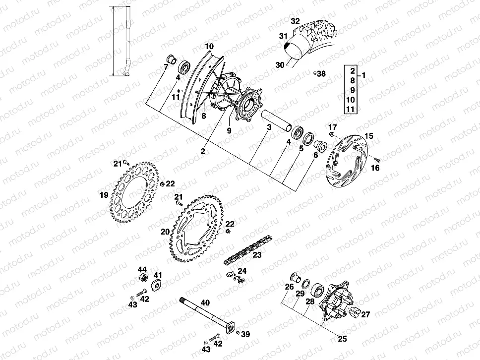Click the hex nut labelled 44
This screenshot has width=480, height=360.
[143, 276]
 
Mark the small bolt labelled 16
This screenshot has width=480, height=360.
[376, 159]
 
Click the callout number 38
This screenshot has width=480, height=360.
[321, 74]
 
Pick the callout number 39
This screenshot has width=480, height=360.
[245, 334]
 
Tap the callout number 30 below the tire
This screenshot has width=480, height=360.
[279, 64]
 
